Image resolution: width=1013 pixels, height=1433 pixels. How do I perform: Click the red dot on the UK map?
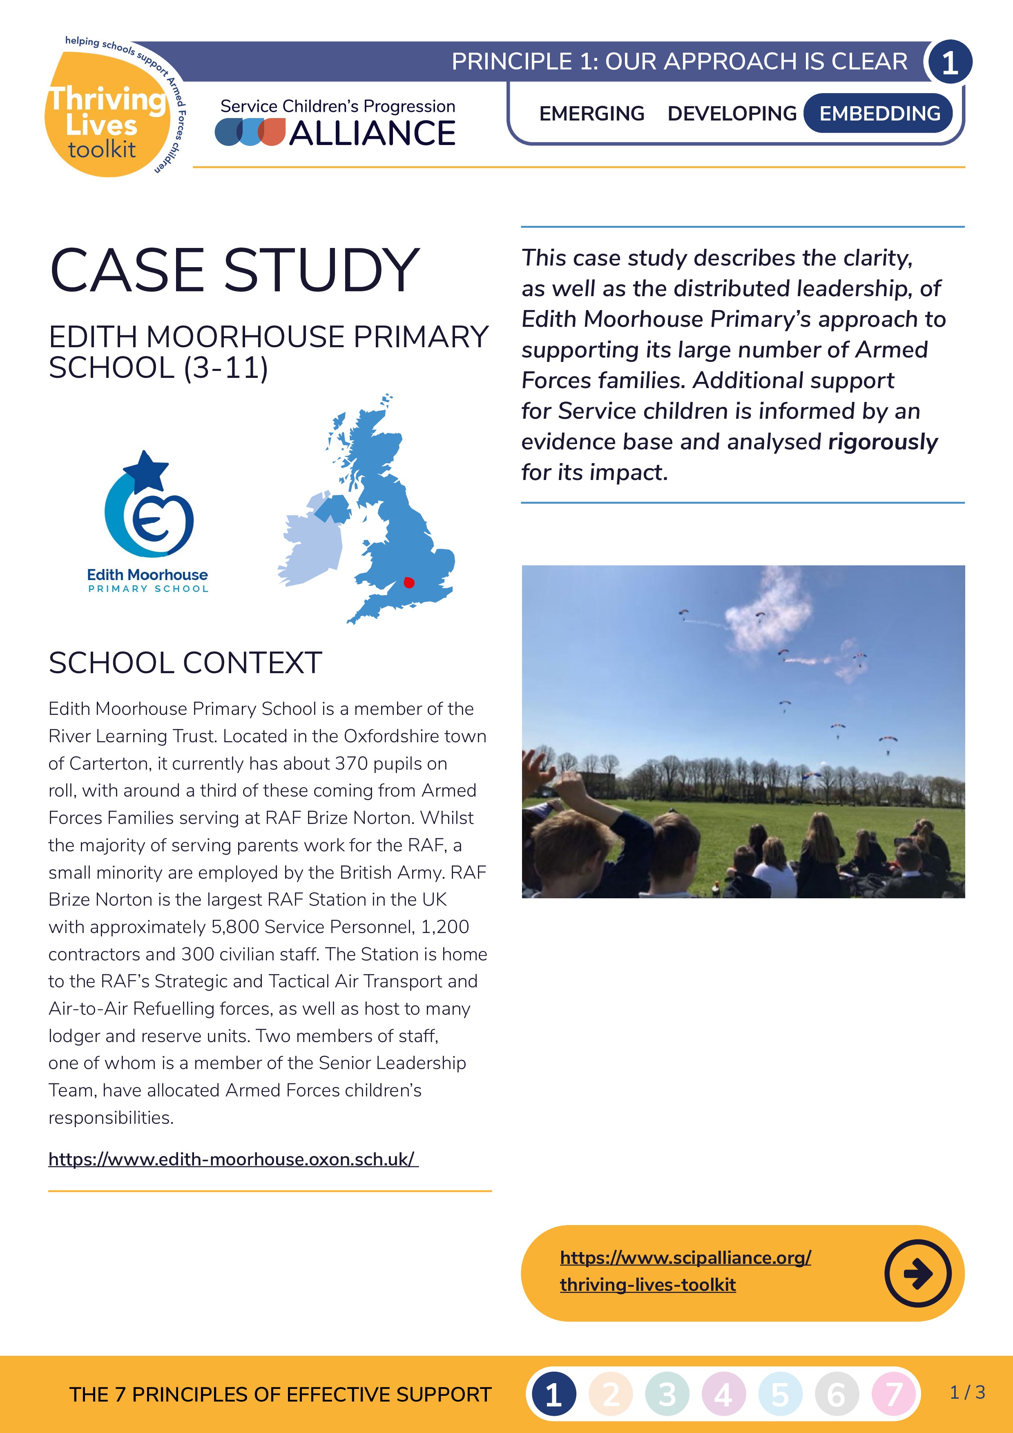point(409,583)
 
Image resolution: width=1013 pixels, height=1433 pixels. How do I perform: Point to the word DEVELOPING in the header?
point(732,114)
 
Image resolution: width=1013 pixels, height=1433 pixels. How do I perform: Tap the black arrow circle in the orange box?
point(917,1273)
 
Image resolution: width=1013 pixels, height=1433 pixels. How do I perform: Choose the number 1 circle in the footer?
point(553,1394)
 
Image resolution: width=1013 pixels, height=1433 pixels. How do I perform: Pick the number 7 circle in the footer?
point(893,1394)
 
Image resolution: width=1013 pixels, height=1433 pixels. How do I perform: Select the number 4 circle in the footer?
point(723,1394)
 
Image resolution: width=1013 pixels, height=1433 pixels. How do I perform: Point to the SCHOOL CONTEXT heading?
point(185,663)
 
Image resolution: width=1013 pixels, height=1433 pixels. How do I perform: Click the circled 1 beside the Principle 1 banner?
point(949,62)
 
